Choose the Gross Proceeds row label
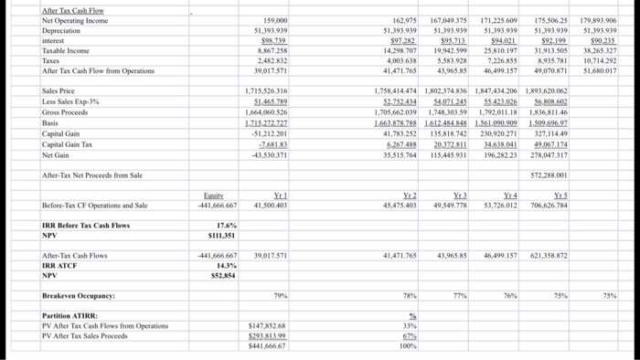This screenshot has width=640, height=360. (66, 111)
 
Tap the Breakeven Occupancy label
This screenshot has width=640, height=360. (80, 296)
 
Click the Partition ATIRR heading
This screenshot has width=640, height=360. (68, 316)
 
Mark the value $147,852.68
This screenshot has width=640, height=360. (269, 326)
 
